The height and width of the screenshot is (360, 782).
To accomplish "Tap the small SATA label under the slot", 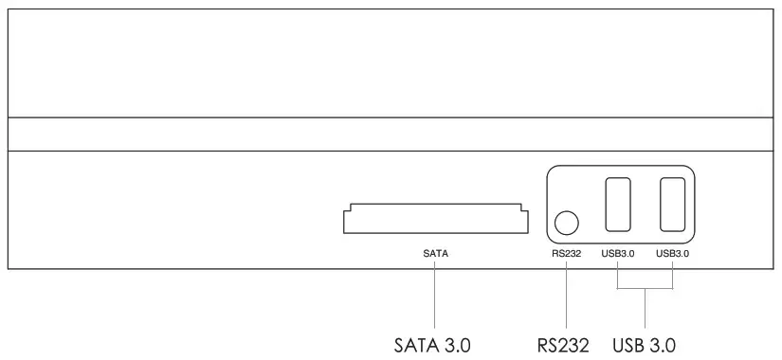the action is pyautogui.click(x=435, y=254).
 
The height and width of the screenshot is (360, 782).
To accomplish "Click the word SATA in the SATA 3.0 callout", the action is pyautogui.click(x=417, y=343).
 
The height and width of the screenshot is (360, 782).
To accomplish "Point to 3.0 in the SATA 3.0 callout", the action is pyautogui.click(x=458, y=343).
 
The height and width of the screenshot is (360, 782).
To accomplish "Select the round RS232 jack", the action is pyautogui.click(x=566, y=223).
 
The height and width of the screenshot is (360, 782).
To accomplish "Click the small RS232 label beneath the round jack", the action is pyautogui.click(x=566, y=254).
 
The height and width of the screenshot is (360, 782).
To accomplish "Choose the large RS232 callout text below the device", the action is pyautogui.click(x=564, y=343).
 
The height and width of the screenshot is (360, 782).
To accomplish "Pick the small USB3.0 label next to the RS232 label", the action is pyautogui.click(x=617, y=254).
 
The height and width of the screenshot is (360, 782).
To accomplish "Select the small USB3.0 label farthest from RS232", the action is pyautogui.click(x=672, y=254).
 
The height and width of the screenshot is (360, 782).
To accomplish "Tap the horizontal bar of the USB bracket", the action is pyautogui.click(x=645, y=290).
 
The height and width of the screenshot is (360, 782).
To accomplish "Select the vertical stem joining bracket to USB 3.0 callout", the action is pyautogui.click(x=645, y=308).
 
